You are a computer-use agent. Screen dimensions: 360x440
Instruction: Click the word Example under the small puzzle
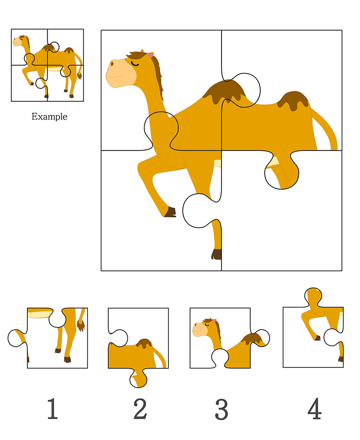[49, 116]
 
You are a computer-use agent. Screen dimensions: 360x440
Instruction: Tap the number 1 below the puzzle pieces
[53, 409]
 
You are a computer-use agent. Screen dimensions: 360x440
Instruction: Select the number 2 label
[140, 409]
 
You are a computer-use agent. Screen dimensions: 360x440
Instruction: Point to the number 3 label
[221, 409]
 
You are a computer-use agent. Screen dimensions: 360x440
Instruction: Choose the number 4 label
[314, 408]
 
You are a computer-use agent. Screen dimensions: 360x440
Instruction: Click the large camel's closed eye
[135, 64]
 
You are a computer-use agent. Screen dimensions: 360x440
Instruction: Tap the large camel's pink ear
[151, 55]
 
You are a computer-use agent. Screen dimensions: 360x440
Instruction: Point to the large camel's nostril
[112, 64]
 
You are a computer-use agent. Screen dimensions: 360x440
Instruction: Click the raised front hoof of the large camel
[170, 212]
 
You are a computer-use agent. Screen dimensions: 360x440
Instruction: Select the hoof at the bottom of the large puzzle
[216, 254]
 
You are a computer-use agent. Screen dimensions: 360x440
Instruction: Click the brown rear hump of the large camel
[293, 100]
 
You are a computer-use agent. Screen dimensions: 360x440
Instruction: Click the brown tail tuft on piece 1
[81, 326]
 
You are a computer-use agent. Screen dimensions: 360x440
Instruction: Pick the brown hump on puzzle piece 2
[144, 343]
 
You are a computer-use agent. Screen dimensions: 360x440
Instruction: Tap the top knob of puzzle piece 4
[313, 297]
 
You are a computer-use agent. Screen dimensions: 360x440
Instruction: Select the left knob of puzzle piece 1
[17, 338]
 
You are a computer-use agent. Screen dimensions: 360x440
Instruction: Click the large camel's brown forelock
[137, 55]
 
